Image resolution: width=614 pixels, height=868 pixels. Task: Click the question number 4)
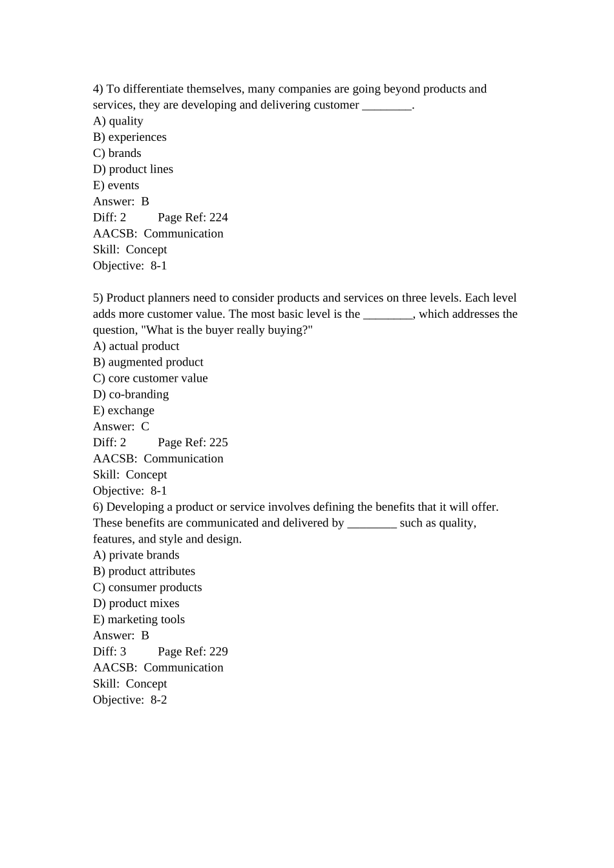pos(98,89)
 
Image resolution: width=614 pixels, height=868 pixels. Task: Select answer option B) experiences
pos(129,137)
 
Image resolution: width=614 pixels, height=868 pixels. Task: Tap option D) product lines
pos(132,169)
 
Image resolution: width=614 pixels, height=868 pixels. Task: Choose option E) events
pos(116,185)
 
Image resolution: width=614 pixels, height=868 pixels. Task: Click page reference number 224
pos(218,218)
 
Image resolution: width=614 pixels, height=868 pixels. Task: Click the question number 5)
pos(98,298)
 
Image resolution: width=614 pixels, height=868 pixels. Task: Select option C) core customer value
pos(150,378)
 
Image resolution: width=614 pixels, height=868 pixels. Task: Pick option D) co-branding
pos(131,395)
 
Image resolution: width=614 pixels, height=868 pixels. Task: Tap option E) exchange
pos(123,411)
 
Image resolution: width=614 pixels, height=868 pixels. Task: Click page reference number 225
pos(218,442)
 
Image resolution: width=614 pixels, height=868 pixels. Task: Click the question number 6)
pos(98,507)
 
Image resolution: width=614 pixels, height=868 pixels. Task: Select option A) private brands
pos(136,555)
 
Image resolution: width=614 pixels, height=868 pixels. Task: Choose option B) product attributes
pos(143,572)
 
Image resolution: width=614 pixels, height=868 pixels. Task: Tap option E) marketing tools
pos(138,619)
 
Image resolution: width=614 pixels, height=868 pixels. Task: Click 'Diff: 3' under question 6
pos(109,652)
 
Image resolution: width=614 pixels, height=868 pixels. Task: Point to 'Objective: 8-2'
pos(129,700)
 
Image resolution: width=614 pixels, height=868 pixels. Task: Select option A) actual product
pos(136,346)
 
